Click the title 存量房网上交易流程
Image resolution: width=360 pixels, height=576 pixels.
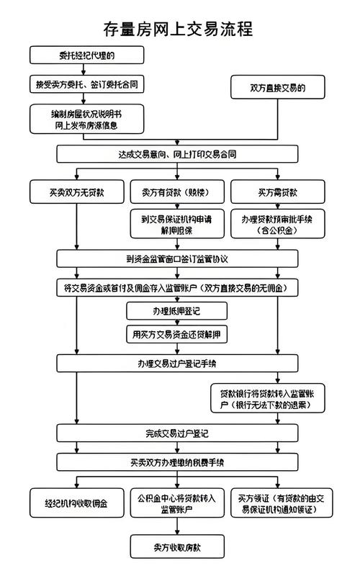(x=179, y=29)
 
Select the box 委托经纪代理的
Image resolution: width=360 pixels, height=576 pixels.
(x=76, y=55)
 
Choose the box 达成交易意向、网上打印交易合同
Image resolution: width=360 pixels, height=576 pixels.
(x=177, y=154)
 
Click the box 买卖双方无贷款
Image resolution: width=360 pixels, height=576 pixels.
(x=76, y=192)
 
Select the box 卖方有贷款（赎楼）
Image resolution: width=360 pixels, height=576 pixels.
(x=177, y=192)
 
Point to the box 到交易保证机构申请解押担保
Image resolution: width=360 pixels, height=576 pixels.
(x=177, y=224)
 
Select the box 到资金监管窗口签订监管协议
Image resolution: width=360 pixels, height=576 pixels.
(x=177, y=258)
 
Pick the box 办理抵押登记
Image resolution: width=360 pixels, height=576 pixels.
(x=177, y=311)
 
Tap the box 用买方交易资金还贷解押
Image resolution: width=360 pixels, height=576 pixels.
(x=177, y=334)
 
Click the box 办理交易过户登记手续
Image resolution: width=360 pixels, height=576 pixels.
(x=177, y=362)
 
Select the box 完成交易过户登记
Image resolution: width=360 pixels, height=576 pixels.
(x=177, y=433)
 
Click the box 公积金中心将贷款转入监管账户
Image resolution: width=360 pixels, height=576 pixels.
(x=177, y=503)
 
